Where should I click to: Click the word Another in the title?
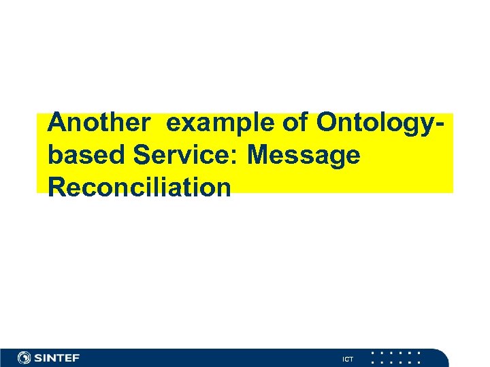point(99,123)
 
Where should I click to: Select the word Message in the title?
point(304,156)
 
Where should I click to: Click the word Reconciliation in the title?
point(140,186)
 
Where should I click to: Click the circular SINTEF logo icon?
point(24,357)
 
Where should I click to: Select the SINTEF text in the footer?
point(57,357)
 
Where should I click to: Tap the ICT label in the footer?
point(348,359)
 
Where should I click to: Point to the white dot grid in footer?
point(396,357)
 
